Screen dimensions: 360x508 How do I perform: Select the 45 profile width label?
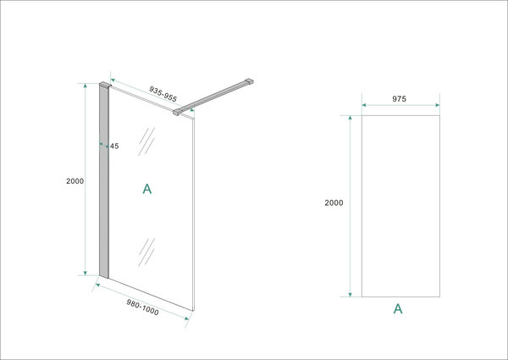(x=114, y=146)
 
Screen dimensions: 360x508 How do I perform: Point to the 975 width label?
(x=398, y=99)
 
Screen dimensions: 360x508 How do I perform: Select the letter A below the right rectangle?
(x=397, y=309)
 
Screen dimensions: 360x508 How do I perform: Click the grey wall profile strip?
(x=105, y=182)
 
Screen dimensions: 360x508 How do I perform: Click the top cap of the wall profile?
(x=104, y=86)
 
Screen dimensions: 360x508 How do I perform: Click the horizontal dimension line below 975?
(x=398, y=108)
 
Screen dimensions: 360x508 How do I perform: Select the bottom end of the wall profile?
(x=105, y=274)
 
